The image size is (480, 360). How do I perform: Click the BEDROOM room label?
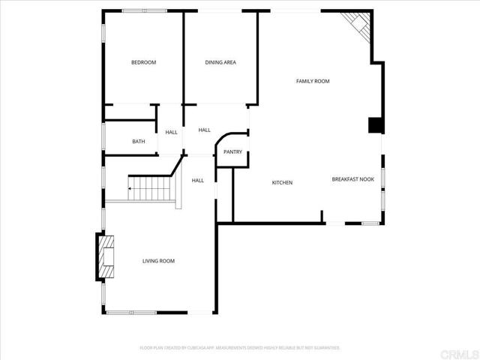[x=143, y=62]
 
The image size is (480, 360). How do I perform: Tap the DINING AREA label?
[x=220, y=62]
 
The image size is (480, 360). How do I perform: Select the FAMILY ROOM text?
[x=313, y=81]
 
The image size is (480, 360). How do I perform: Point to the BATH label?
[x=139, y=142]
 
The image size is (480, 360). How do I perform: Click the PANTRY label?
[x=232, y=152]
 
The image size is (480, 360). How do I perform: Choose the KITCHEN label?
[x=282, y=183]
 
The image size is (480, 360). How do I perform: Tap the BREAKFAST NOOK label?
[x=353, y=179]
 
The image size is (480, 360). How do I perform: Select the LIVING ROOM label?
[x=158, y=261]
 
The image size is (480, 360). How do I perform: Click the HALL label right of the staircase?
[x=198, y=180]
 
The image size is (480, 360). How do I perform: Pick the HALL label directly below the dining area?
[x=204, y=130]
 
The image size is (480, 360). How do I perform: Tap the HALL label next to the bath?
[x=172, y=132]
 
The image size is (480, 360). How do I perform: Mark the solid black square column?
[x=374, y=125]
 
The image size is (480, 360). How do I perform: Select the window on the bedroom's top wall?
[x=145, y=10]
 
